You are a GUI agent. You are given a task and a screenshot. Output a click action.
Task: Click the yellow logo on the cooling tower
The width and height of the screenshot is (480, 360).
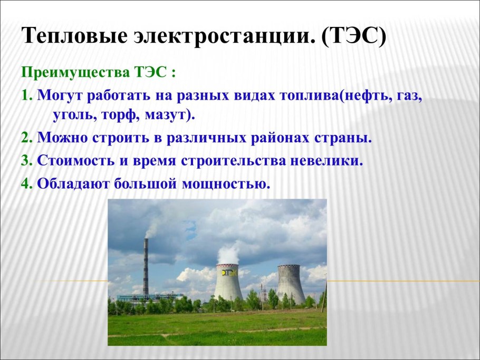coord(228,272)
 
